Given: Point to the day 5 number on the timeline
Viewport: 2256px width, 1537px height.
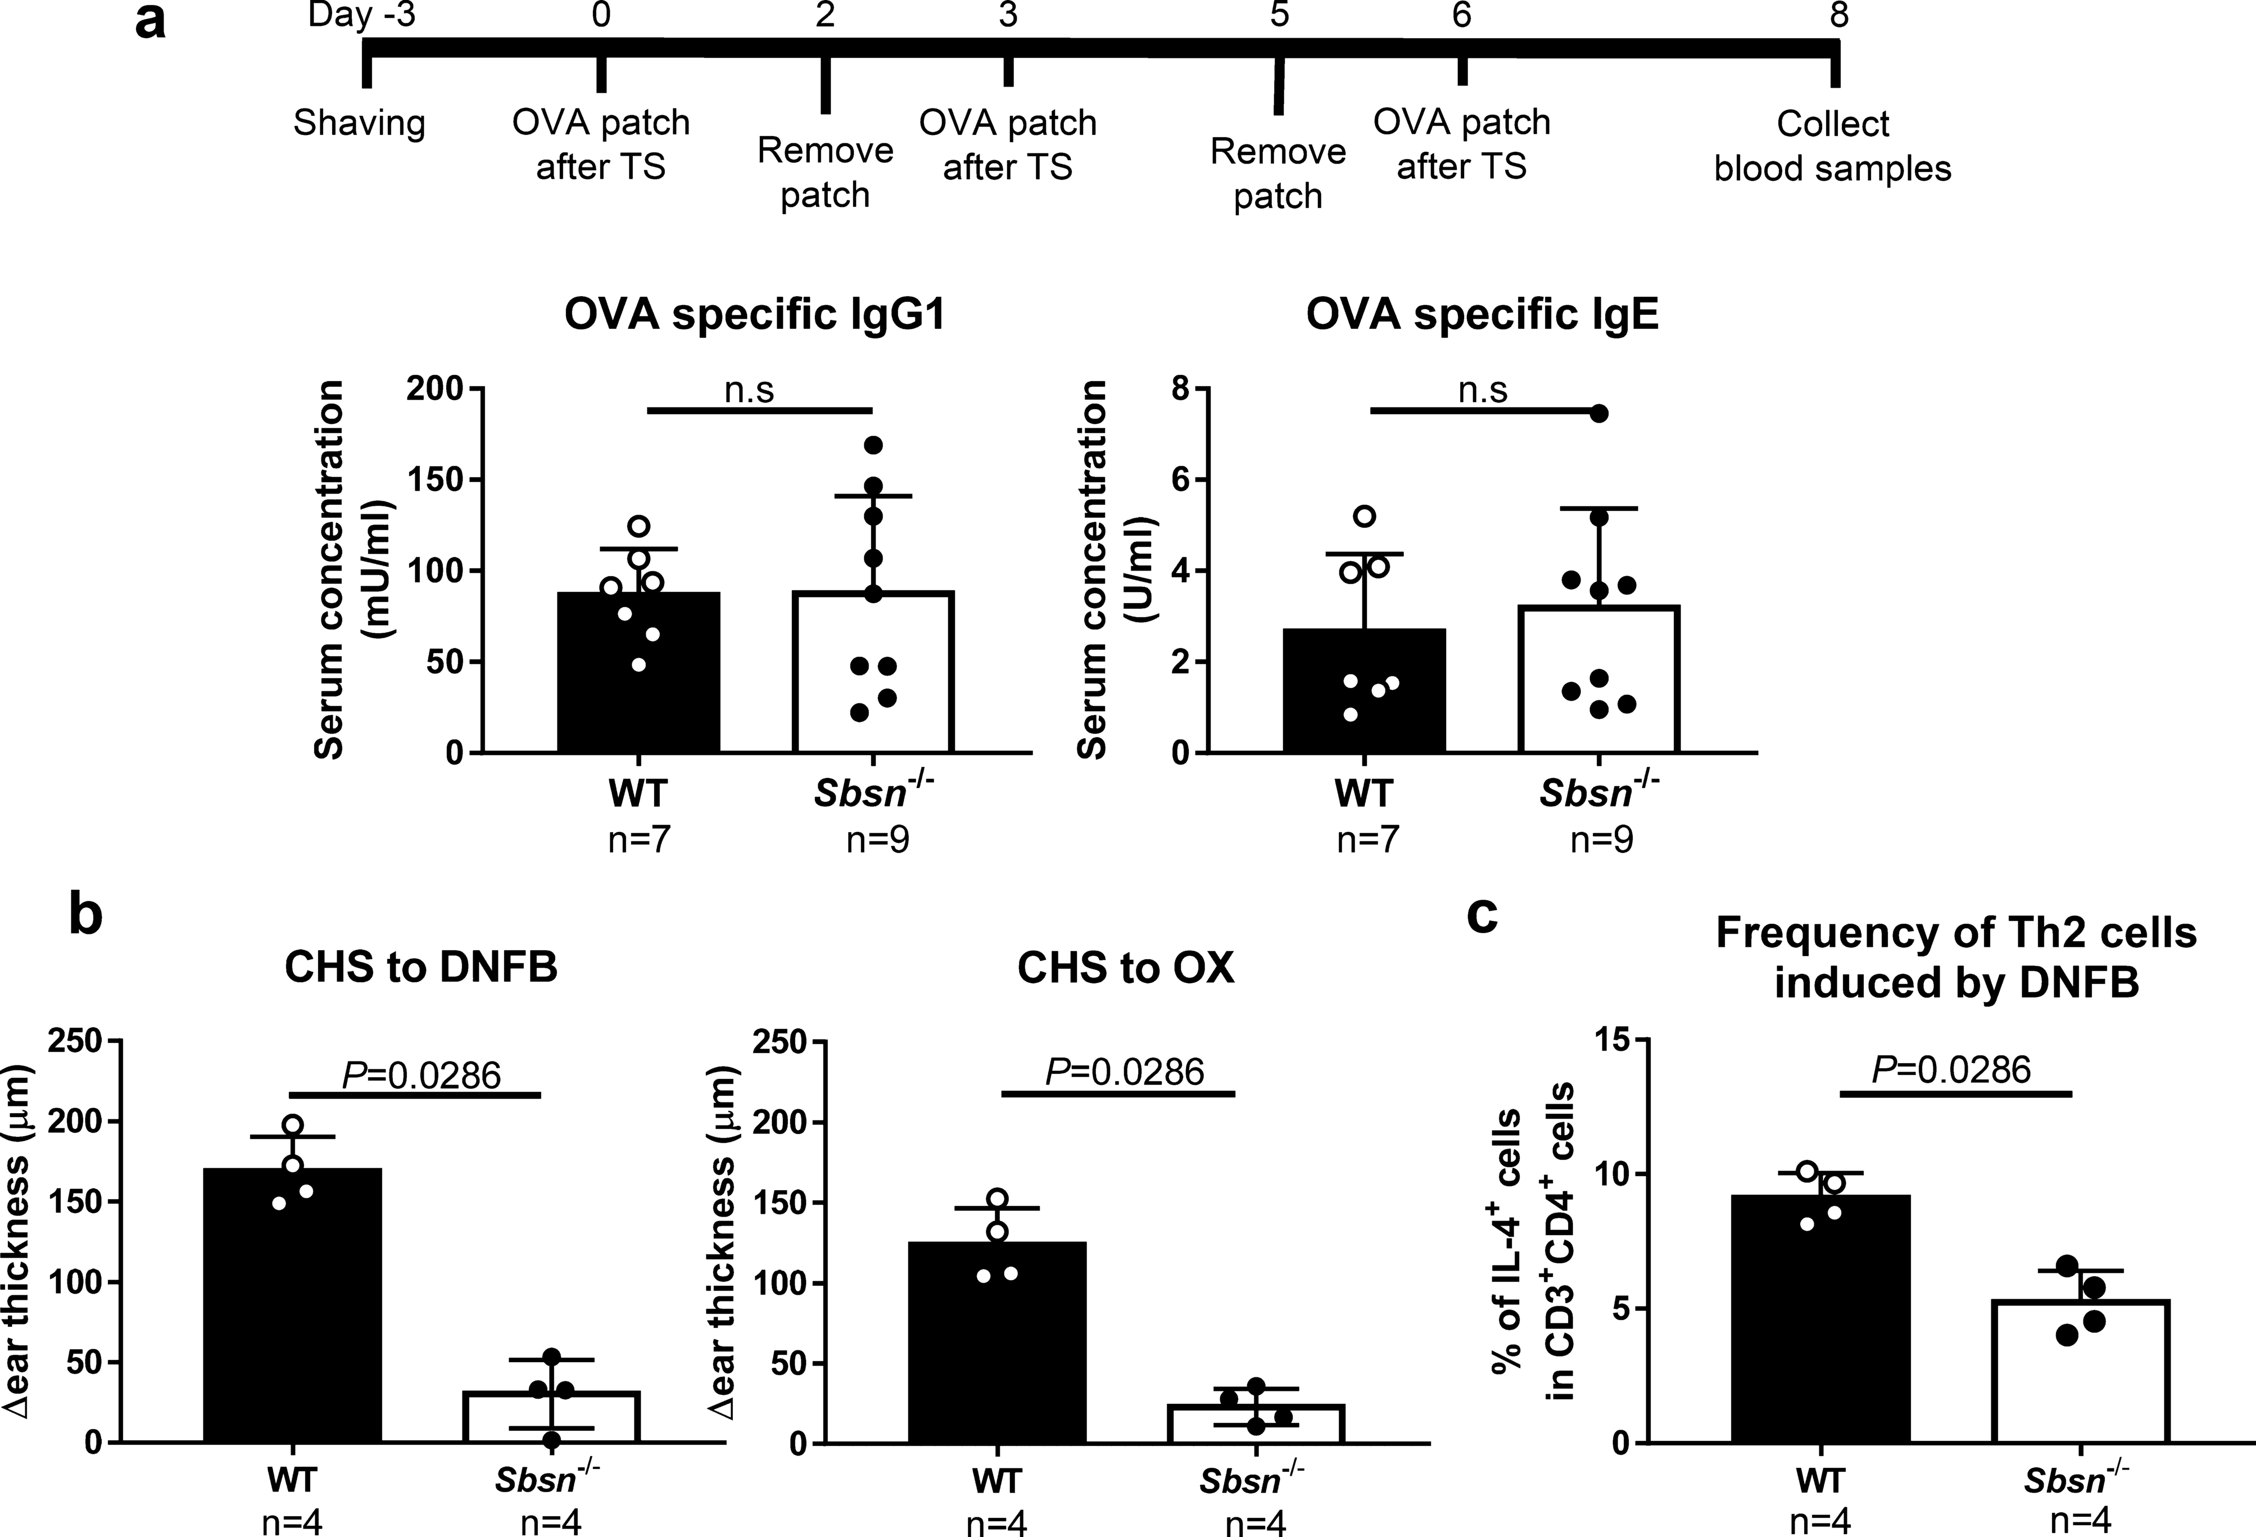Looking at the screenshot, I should click(1279, 16).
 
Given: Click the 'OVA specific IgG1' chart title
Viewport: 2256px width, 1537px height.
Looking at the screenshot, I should click(755, 317).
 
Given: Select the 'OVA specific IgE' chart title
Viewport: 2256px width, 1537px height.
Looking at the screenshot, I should click(1482, 317).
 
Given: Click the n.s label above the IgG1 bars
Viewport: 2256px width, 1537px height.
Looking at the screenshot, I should click(749, 390).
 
